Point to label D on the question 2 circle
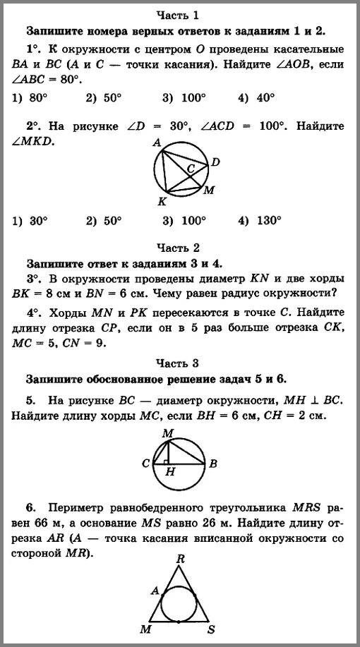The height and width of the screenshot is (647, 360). click(216, 162)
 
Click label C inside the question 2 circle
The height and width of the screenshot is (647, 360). click(190, 169)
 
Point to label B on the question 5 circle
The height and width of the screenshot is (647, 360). click(212, 464)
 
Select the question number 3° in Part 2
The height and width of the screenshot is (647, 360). click(32, 279)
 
